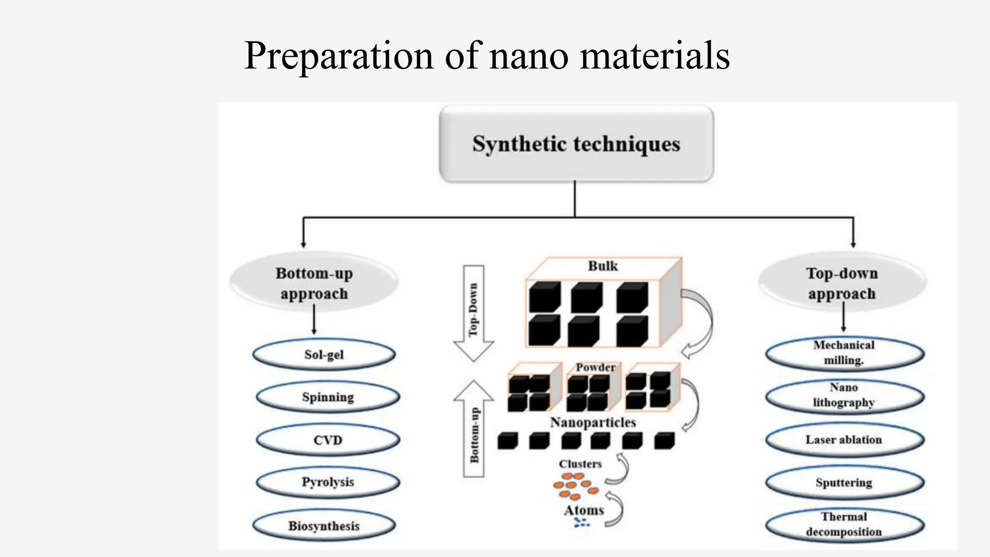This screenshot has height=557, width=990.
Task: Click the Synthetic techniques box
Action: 576,144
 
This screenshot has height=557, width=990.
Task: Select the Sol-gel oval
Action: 324,355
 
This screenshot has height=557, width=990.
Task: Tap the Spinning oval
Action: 328,397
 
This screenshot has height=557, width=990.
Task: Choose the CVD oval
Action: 328,440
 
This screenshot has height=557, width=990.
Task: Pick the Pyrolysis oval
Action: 328,482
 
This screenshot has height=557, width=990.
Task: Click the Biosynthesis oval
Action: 324,526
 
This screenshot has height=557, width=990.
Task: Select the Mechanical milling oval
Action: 844,353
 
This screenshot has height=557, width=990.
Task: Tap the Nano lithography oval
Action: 844,396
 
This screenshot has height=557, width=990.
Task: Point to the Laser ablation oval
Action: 844,440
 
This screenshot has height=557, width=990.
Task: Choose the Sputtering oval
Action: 844,483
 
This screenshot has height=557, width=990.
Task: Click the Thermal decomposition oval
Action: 844,525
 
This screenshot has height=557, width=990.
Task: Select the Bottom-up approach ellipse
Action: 314,283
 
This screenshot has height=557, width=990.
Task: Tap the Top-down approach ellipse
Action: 842,283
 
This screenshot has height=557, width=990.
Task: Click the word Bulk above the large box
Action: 603,266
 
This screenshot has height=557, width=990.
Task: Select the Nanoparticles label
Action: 593,423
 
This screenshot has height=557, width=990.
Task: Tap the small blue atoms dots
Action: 582,522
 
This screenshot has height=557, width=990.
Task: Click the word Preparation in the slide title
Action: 338,56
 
